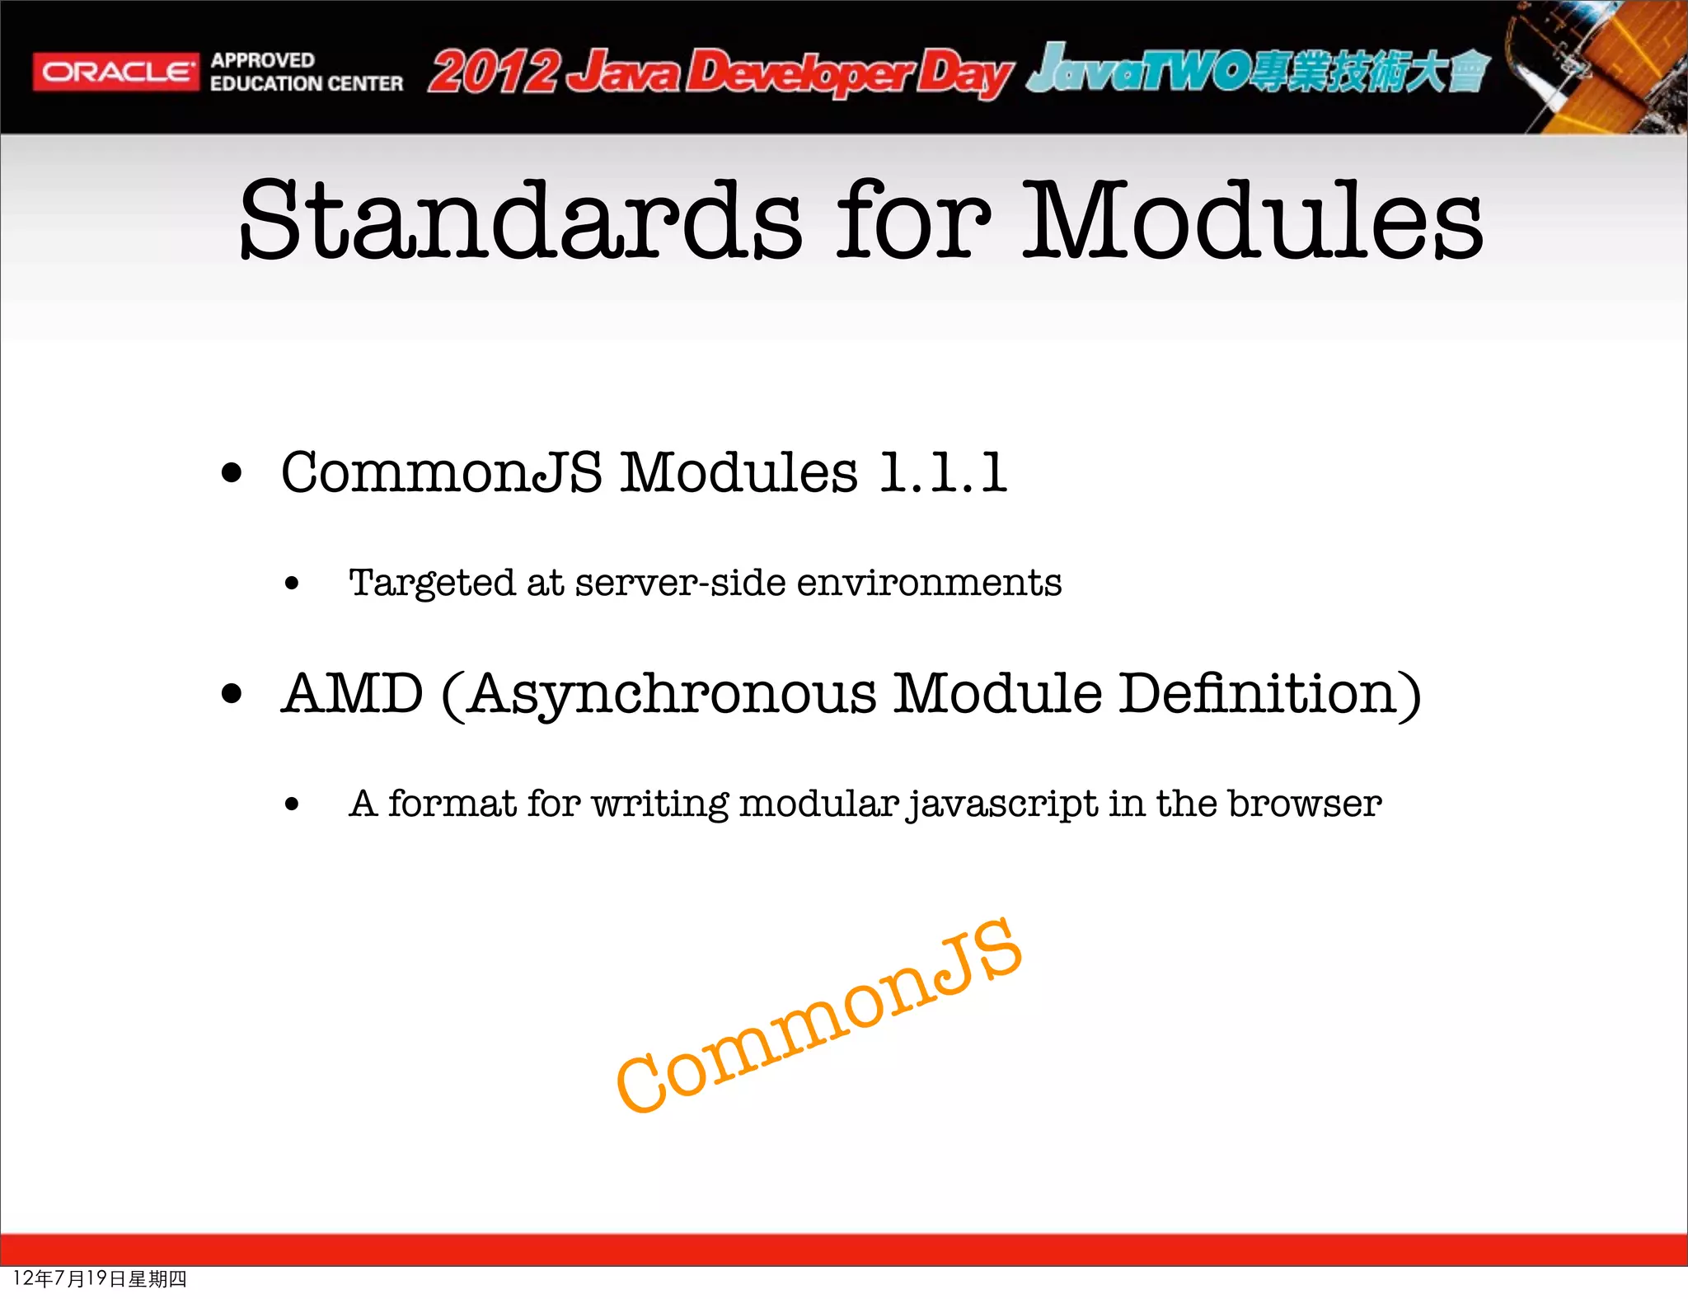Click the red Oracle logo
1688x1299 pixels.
tap(115, 72)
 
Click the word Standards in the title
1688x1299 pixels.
tap(519, 221)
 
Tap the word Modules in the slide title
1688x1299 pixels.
tap(1253, 221)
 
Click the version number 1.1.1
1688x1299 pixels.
tap(943, 473)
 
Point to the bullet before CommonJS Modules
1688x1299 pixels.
tap(232, 474)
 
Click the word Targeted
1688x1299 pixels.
tap(433, 584)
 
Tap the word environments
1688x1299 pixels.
tap(929, 584)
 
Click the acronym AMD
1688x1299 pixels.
tap(353, 694)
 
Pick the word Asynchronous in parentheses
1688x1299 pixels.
tap(672, 694)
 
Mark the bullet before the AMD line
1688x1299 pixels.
tap(232, 695)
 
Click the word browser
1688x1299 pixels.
tap(1304, 804)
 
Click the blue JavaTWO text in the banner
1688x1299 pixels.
tap(1137, 69)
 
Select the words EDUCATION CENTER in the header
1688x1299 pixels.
tap(306, 84)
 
